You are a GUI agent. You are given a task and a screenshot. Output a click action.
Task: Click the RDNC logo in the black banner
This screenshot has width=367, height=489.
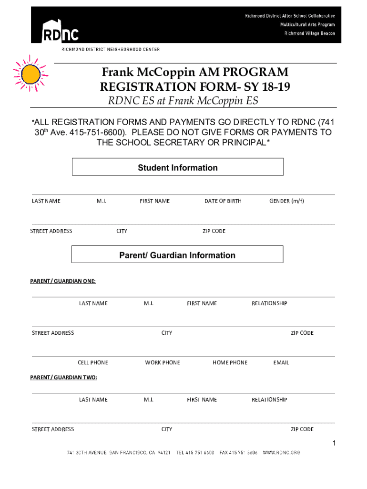tap(60, 31)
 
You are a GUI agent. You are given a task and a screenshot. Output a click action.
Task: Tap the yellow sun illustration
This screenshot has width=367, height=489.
tap(31, 74)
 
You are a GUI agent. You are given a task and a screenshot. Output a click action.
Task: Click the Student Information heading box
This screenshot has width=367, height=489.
tap(178, 167)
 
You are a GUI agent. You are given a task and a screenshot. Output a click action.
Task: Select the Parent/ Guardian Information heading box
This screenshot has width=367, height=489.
tap(177, 255)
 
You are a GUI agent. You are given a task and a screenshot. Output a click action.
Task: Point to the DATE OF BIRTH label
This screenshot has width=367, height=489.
tap(223, 201)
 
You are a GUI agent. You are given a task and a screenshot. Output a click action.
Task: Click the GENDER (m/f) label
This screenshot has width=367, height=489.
tap(286, 201)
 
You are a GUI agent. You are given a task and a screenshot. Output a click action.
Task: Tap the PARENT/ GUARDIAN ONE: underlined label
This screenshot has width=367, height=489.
tap(63, 281)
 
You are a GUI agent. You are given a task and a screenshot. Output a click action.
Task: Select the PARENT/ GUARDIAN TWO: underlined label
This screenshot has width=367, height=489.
tap(64, 378)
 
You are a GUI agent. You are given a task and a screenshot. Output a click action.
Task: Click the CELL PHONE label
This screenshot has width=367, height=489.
tap(93, 362)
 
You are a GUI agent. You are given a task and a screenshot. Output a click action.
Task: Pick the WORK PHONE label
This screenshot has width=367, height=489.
tap(163, 362)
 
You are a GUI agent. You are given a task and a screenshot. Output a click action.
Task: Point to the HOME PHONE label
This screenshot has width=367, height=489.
tap(230, 362)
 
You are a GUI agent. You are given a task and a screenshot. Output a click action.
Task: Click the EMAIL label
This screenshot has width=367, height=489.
tap(281, 362)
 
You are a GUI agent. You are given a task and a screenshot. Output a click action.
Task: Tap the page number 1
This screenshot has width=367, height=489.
tap(335, 444)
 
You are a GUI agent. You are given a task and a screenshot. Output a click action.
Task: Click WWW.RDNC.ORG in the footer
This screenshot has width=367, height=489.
tap(282, 452)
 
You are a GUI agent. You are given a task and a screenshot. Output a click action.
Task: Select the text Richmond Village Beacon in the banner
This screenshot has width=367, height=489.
tap(310, 33)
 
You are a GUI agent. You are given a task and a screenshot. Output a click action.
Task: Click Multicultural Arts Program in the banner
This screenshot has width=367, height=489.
tap(307, 24)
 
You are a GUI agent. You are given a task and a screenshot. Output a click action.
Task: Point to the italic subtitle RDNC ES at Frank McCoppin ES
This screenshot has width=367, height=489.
tap(183, 101)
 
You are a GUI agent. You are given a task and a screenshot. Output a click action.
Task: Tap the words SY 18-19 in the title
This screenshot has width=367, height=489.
tap(264, 87)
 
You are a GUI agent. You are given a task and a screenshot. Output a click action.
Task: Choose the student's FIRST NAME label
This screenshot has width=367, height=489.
tap(154, 201)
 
